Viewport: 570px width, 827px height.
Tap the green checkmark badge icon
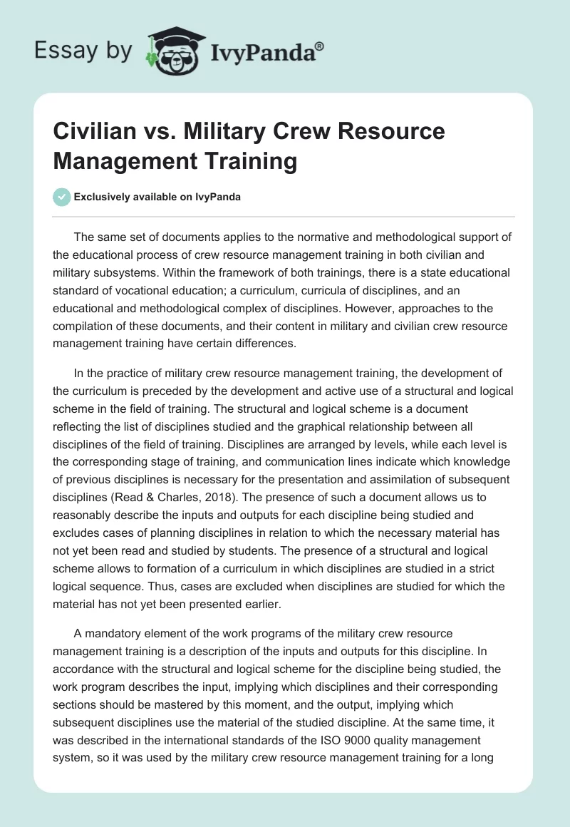[x=62, y=197]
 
